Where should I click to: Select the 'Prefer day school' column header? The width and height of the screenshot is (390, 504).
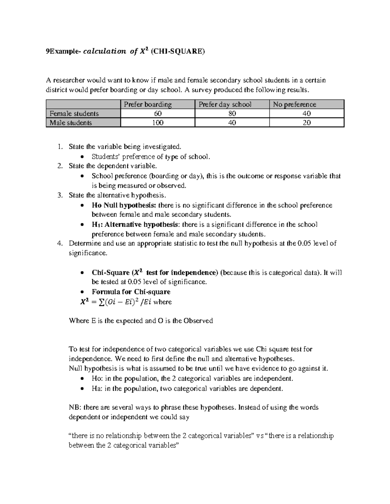coord(225,104)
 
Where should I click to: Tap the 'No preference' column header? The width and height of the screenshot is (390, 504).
coord(294,104)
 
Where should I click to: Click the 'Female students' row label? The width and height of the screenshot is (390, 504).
coord(74,114)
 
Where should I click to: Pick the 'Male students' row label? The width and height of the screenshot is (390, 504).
coord(71,123)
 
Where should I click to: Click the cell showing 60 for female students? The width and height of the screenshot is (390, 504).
coord(158,114)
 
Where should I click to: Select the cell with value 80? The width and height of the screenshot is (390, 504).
coord(232,114)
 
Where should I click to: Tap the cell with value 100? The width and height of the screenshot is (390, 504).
coord(158,123)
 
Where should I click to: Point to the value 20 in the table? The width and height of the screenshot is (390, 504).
coord(306,123)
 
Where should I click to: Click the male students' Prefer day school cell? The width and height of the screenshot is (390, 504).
coord(232,123)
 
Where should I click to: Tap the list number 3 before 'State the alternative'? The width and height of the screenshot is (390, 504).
coord(59,195)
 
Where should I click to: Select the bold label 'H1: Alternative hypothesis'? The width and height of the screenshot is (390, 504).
coord(135,225)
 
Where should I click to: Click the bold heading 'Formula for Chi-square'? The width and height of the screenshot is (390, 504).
coord(131,292)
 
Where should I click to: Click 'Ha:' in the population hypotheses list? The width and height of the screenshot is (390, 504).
coord(97,388)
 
